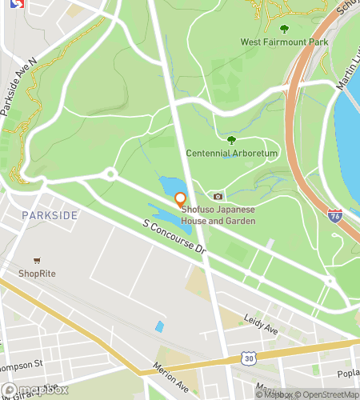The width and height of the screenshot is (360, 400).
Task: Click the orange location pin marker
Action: point(181,199)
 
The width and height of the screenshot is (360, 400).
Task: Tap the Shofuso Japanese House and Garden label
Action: point(218,215)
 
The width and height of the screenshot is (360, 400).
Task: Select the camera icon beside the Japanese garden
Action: point(218,196)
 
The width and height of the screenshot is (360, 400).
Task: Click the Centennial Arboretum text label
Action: point(232,153)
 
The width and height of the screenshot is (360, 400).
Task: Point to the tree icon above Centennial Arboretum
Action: point(232,140)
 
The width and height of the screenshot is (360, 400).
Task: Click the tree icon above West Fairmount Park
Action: point(284,29)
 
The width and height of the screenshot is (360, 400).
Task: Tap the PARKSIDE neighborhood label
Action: point(50,216)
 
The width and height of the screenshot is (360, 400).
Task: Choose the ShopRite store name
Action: point(38,274)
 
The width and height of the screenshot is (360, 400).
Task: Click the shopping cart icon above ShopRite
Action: point(37,261)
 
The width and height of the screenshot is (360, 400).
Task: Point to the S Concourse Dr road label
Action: point(174,239)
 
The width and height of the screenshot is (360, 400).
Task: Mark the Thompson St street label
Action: point(22,366)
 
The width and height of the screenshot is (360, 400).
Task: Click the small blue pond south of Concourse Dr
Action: point(159,326)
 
